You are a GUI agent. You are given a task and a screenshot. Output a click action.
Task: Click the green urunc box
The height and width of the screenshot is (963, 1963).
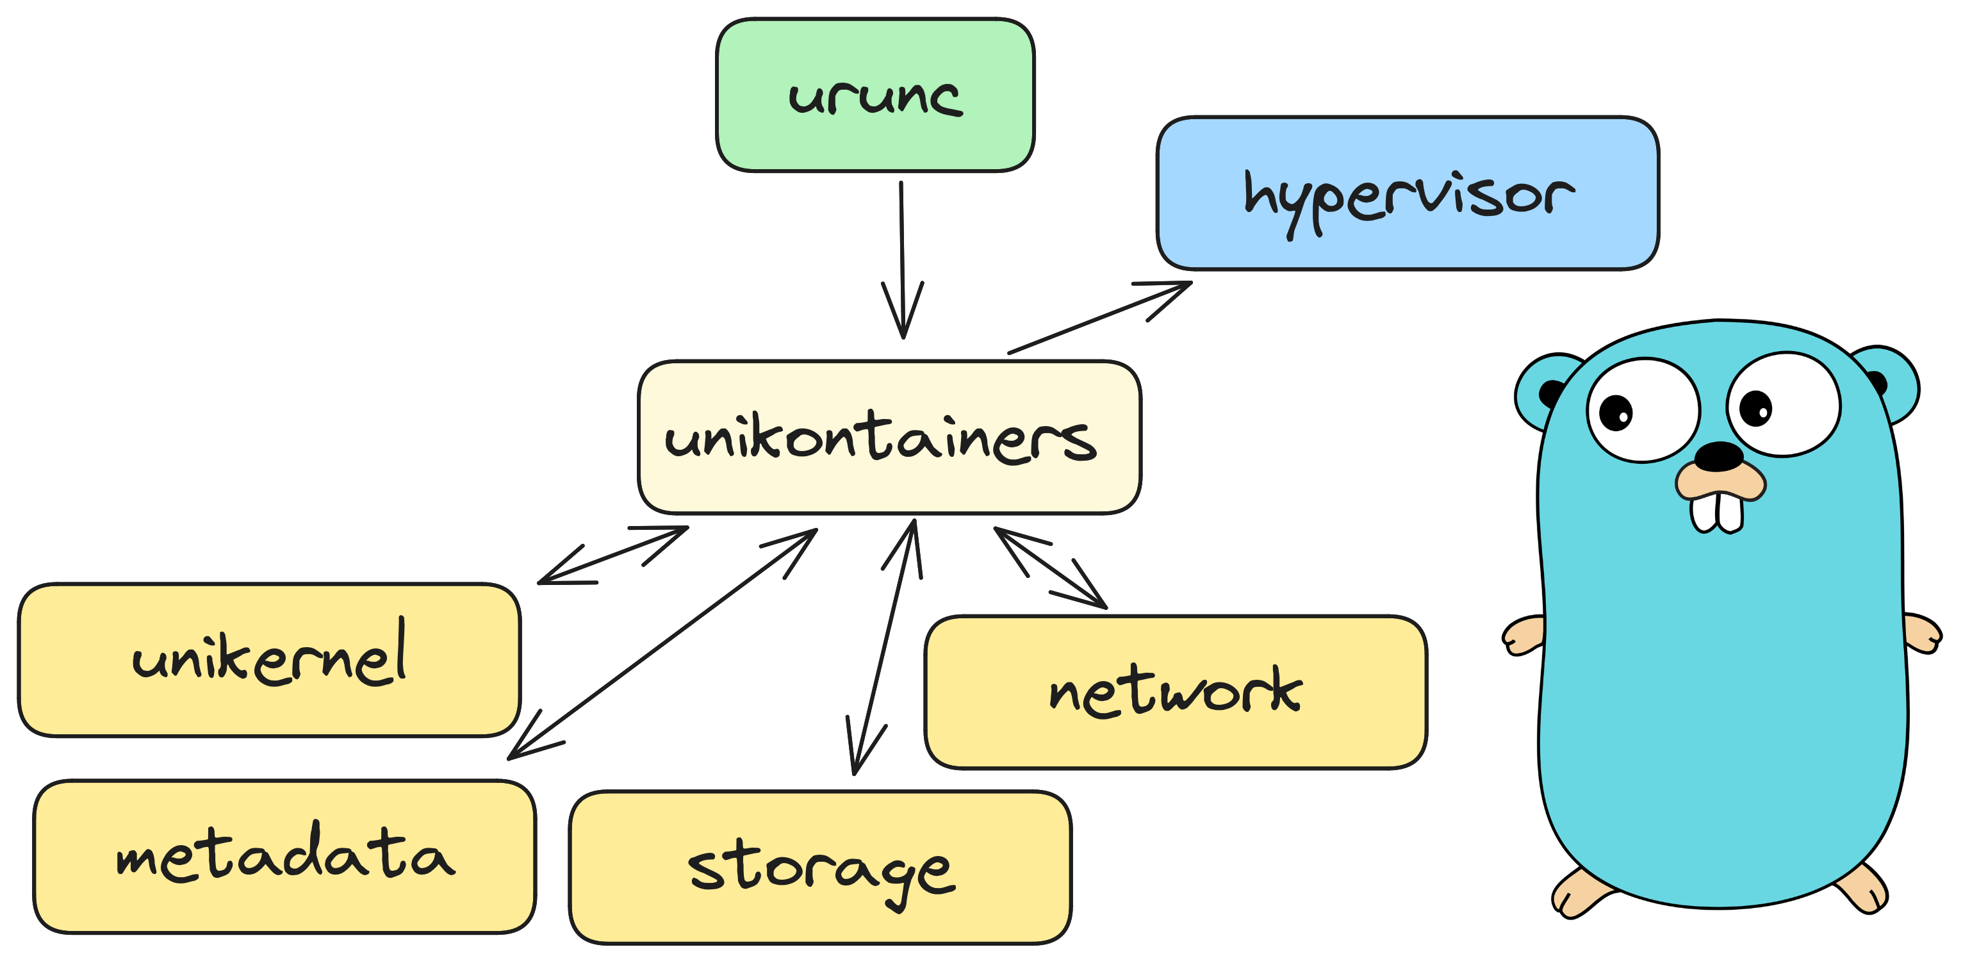point(875,95)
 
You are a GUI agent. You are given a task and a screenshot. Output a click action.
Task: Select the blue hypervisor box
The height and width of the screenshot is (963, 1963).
point(1407,193)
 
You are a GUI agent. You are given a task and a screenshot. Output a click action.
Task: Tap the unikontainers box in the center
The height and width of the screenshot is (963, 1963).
point(889,438)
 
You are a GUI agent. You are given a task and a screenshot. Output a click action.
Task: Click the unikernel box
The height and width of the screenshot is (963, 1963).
point(269,660)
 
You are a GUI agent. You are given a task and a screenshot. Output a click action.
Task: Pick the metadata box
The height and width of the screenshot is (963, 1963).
point(284,857)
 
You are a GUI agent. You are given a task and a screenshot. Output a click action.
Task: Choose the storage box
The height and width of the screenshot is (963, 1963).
point(820,867)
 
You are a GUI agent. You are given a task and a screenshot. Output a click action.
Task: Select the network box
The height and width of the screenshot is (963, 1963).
point(1175,692)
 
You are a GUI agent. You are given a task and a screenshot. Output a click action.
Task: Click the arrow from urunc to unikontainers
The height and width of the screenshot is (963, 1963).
point(901,259)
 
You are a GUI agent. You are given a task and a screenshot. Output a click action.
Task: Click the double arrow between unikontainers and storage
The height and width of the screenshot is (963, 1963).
point(884,648)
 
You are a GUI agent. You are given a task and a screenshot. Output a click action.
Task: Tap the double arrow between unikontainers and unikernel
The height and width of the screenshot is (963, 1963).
point(614,555)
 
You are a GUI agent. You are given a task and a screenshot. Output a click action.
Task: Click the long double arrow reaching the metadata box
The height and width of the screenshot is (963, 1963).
point(663,643)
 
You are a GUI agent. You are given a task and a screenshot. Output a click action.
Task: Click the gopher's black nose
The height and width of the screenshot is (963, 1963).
point(1718,456)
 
